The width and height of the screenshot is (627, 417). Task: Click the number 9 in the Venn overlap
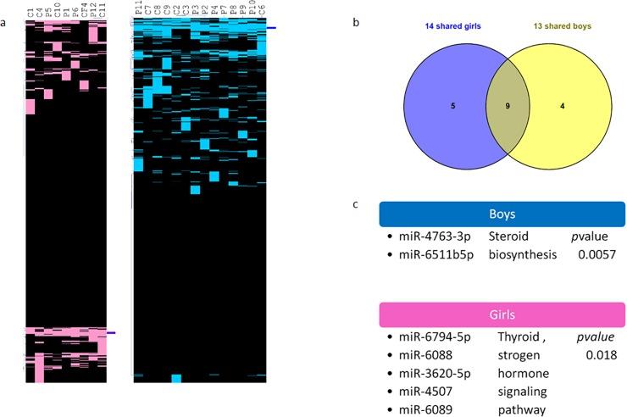[x=507, y=108]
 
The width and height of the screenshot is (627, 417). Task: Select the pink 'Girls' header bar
[x=502, y=314]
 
